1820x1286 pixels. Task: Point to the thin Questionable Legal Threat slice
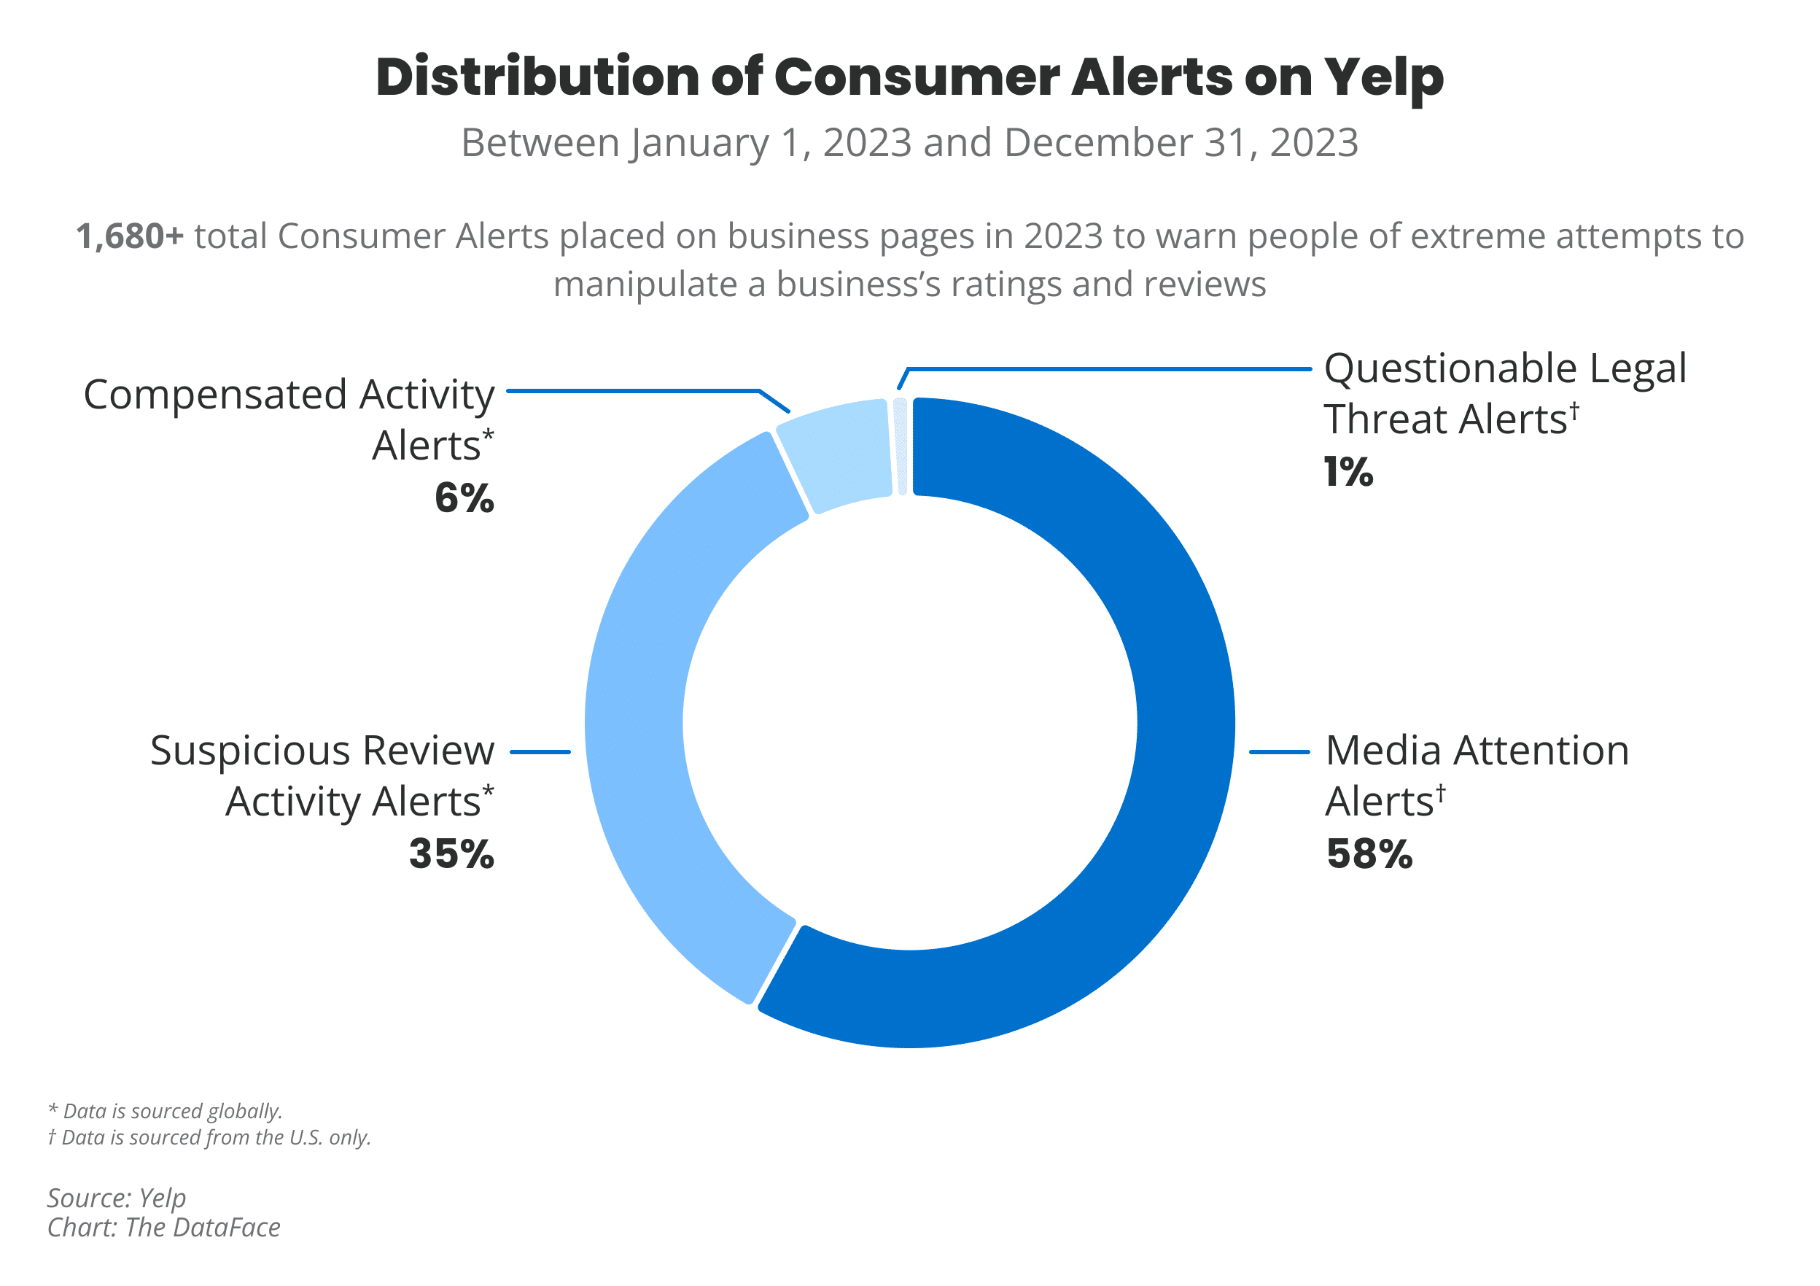point(901,446)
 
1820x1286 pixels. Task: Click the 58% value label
point(1369,855)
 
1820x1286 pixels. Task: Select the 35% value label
point(451,855)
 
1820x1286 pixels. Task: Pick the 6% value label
point(464,499)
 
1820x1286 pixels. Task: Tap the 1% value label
point(1347,473)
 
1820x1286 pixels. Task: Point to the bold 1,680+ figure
point(130,236)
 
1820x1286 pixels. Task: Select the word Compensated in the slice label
point(215,395)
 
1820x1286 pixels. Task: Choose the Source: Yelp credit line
point(117,1198)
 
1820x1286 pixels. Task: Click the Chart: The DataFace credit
point(163,1228)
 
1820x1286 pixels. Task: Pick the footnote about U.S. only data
point(209,1138)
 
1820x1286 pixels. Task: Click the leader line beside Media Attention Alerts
point(1279,751)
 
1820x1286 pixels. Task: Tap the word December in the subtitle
point(1098,144)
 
